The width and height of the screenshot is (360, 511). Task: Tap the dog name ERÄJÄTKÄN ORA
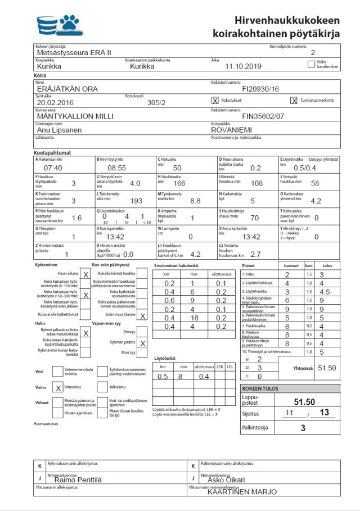click(x=67, y=89)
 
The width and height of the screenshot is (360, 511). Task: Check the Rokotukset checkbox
click(x=214, y=101)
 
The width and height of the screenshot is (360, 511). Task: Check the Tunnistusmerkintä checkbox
click(x=294, y=101)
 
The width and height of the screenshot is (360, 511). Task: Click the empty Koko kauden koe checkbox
click(x=312, y=64)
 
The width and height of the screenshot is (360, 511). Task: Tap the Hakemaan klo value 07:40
click(x=53, y=168)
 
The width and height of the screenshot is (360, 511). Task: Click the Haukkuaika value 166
click(x=179, y=183)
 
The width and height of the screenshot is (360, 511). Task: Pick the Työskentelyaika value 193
click(x=136, y=201)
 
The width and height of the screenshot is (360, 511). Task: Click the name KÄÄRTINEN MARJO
click(x=242, y=492)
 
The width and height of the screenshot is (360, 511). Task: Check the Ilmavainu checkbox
click(x=58, y=387)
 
